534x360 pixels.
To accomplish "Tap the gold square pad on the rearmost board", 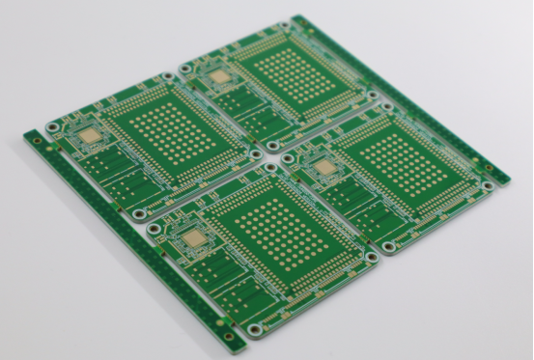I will click(220, 75).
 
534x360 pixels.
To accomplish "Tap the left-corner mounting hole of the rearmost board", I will click(183, 69).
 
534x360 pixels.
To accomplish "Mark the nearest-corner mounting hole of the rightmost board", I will click(388, 247).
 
